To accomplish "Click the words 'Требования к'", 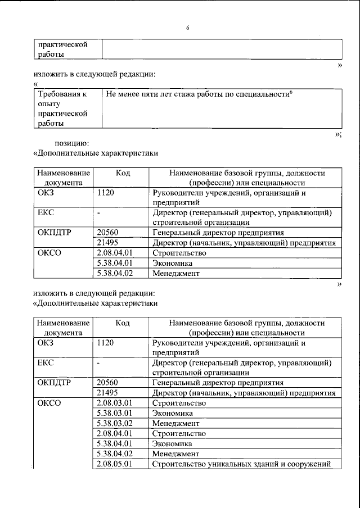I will pyautogui.click(x=61, y=93).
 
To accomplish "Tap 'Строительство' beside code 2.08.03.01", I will pyautogui.click(x=179, y=403).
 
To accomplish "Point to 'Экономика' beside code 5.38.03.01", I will pyautogui.click(x=173, y=414).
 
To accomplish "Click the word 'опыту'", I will pyautogui.click(x=49, y=103).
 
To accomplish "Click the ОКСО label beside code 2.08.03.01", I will pyautogui.click(x=49, y=403).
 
